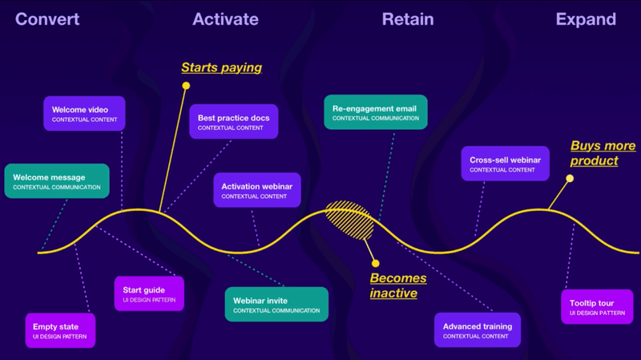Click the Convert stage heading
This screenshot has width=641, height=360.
coord(47,19)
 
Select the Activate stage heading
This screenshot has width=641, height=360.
coord(225,19)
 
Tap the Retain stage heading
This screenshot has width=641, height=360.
coord(408,19)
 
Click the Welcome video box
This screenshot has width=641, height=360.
coord(84,114)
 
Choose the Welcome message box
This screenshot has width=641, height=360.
coord(56,181)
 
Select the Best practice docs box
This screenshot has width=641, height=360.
coord(234,122)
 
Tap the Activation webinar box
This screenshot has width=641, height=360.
coord(257,190)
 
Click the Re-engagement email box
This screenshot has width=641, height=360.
coord(376,112)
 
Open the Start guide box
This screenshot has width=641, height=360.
coord(149,294)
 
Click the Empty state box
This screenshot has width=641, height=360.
coord(61,330)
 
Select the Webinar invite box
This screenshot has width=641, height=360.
coord(276,305)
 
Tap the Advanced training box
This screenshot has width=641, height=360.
coord(478,330)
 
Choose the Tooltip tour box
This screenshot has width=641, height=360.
coord(597,307)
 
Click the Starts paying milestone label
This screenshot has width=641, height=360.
coord(222,67)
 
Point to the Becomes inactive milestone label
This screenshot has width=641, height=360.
coord(398,286)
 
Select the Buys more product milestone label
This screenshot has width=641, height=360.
coord(603,153)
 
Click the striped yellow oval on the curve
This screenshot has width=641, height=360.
coord(351,220)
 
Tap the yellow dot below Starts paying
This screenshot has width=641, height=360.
coord(186,85)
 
